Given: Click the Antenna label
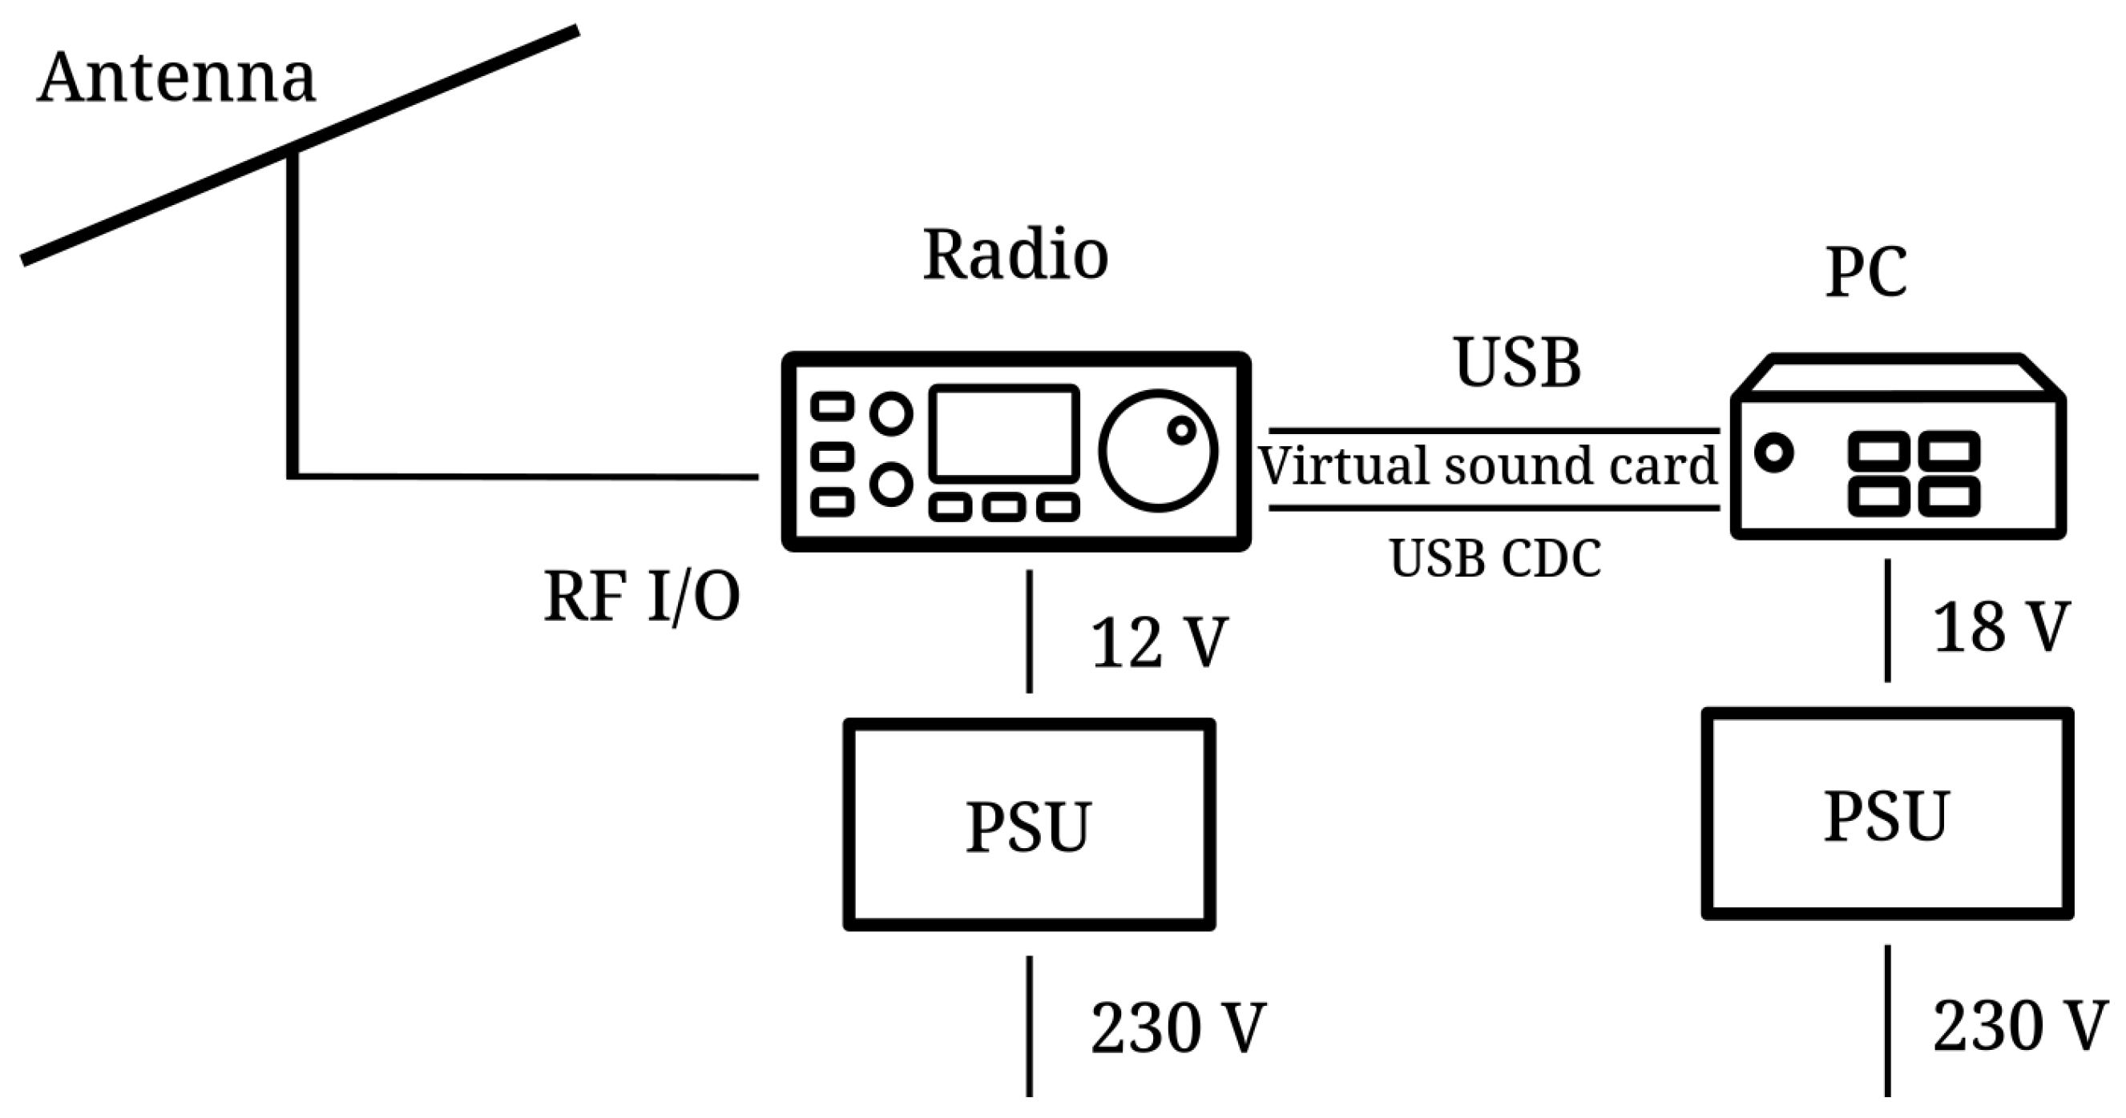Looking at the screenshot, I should pos(175,78).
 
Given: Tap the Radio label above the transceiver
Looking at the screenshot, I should pos(1015,255).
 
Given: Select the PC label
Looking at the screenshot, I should pos(1866,271).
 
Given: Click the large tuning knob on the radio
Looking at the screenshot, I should pos(1158,451).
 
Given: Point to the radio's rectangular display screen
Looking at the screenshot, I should pos(1004,433).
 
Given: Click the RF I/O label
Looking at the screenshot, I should pos(641,597).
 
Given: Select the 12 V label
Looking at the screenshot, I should pos(1159,642).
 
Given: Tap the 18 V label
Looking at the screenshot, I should pos(2000,628).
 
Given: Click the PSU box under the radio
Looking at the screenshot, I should pos(1028,825).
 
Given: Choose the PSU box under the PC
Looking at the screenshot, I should pos(1886,814).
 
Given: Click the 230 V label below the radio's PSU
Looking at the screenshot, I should pos(1178,1028).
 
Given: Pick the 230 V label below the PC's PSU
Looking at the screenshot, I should pos(2019,1027).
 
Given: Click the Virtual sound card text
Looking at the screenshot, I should pos(1487,466).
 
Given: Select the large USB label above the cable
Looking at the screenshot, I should pos(1517,363).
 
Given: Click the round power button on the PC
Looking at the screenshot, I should pos(1773,452).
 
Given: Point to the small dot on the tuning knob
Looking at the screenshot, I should pos(1181,430).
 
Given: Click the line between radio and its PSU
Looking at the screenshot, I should pos(1028,631).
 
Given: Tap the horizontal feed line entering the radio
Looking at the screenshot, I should pos(528,476).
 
